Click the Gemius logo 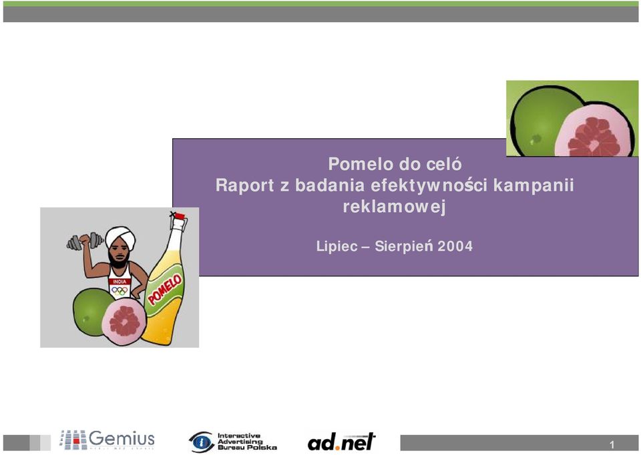pyautogui.click(x=107, y=440)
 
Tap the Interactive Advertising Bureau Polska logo pyautogui.click(x=232, y=442)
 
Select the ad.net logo pyautogui.click(x=341, y=442)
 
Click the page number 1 pyautogui.click(x=612, y=444)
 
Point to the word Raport pyautogui.click(x=244, y=185)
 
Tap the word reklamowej pyautogui.click(x=394, y=207)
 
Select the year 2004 pyautogui.click(x=455, y=246)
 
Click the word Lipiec pyautogui.click(x=337, y=246)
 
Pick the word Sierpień pyautogui.click(x=404, y=246)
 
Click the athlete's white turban pyautogui.click(x=120, y=237)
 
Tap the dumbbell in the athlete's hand pyautogui.click(x=85, y=242)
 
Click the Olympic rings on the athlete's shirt pyautogui.click(x=120, y=291)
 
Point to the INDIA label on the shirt pyautogui.click(x=120, y=282)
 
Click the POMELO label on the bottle pyautogui.click(x=165, y=290)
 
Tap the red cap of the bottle pyautogui.click(x=179, y=215)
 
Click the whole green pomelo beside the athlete pyautogui.click(x=92, y=312)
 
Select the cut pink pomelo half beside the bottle pyautogui.click(x=124, y=322)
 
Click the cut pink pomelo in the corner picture pyautogui.click(x=594, y=131)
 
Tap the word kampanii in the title pyautogui.click(x=533, y=185)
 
